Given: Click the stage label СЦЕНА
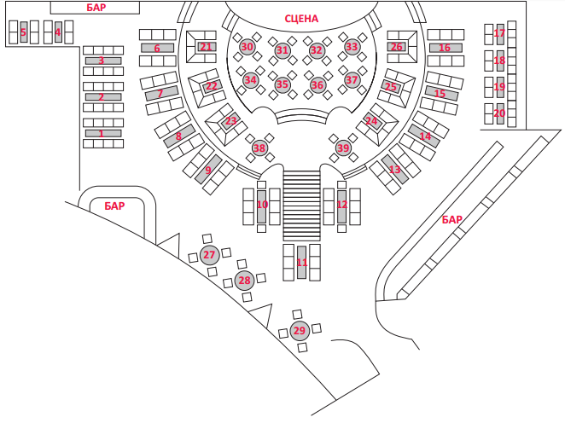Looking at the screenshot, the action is point(301,19).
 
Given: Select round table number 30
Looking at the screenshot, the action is point(248,47).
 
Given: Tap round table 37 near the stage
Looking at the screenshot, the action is point(352,79).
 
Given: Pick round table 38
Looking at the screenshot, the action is point(259,148).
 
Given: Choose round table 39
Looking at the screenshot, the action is point(343,148).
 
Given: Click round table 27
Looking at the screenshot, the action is point(209,255).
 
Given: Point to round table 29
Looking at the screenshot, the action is point(300,331).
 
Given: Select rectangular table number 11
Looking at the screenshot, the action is point(301,263).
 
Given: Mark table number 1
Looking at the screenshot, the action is point(103,134).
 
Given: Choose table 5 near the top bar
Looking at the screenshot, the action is point(24,32).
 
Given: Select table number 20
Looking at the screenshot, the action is point(500,113).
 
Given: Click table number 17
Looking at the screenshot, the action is point(500,34).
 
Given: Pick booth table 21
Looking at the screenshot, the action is point(206,47).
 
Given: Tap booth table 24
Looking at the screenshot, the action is point(372,121).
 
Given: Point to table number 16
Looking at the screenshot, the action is point(446,48).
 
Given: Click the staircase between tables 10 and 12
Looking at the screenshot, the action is point(301,206).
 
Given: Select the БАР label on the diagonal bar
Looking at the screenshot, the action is point(451,219).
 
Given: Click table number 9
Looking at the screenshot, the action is point(208,169).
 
